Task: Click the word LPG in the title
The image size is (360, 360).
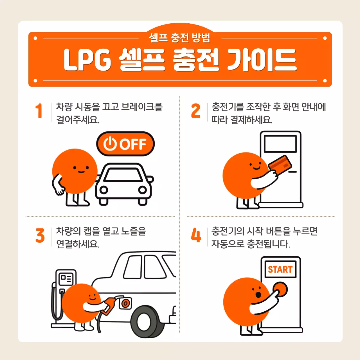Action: tap(87, 60)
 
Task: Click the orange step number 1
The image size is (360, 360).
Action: tap(39, 111)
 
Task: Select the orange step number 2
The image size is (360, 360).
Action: tap(196, 111)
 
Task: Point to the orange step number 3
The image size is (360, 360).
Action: tap(40, 235)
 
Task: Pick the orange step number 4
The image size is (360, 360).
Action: tap(196, 235)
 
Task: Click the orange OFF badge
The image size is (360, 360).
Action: tap(125, 144)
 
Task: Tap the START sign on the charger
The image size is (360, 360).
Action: tap(280, 269)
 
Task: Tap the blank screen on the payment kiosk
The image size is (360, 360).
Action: tap(280, 144)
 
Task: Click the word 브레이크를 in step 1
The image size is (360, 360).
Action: tap(142, 107)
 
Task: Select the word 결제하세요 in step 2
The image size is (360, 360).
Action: tap(251, 120)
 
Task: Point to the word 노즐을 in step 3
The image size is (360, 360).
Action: tap(134, 231)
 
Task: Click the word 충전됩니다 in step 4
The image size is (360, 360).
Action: tap(268, 244)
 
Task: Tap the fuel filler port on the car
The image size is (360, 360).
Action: tap(125, 303)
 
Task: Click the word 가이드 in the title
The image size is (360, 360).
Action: tap(262, 60)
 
